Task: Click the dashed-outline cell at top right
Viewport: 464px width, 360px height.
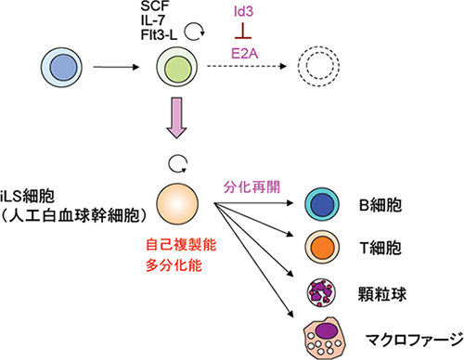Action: click(x=314, y=69)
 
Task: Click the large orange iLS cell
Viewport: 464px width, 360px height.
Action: click(x=178, y=203)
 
